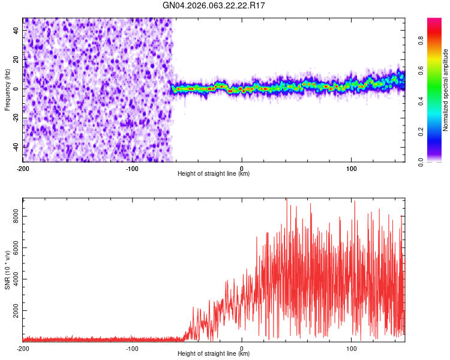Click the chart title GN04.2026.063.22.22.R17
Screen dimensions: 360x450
(214, 5)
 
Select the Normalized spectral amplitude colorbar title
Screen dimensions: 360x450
(446, 90)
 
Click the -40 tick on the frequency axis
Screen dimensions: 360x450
(16, 147)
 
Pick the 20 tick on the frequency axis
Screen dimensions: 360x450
(17, 59)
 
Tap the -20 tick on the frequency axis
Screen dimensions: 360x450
(16, 118)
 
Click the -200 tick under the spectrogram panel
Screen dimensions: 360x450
(23, 168)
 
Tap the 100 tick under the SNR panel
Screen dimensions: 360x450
(351, 348)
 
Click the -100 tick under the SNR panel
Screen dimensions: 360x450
(132, 348)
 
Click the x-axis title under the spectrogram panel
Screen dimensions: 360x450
(214, 174)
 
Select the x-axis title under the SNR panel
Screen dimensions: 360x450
(214, 354)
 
